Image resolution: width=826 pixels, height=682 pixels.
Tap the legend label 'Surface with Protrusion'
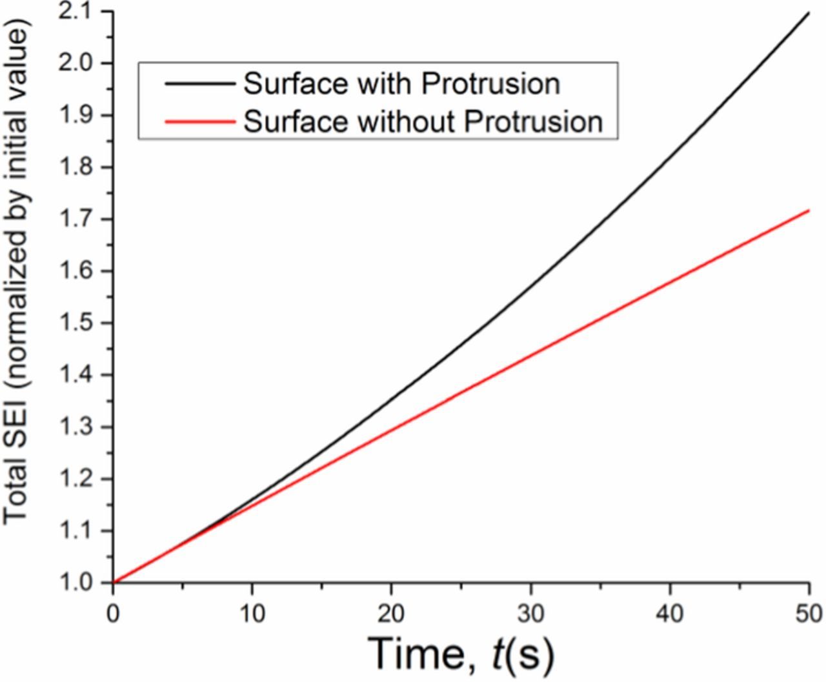pos(401,84)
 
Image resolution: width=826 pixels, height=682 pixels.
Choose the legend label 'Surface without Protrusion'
pos(423,121)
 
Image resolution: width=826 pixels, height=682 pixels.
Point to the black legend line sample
pos(199,84)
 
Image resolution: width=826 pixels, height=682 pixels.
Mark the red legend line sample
pos(199,121)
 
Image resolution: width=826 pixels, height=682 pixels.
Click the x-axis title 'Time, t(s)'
pos(462,653)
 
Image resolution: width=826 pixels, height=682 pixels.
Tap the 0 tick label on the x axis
pos(113,614)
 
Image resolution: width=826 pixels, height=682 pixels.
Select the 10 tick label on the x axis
pos(252,614)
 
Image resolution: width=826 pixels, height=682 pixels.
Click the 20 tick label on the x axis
pos(391,614)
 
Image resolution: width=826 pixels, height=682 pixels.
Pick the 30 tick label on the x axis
pos(530,614)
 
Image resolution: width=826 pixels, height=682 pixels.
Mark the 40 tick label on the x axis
pos(670,614)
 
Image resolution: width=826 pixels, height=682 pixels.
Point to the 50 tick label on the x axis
pos(808,614)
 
